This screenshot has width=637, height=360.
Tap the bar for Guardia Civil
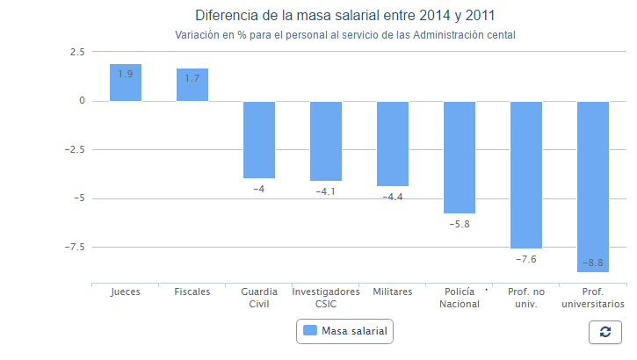click(x=259, y=140)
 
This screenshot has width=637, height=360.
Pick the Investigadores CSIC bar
click(x=326, y=141)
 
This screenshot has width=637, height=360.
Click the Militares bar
click(x=393, y=144)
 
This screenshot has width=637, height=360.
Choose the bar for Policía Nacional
click(x=460, y=158)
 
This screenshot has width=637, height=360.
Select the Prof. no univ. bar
click(x=526, y=176)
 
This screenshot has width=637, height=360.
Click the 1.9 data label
click(x=126, y=74)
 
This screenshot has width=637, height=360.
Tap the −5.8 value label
click(x=460, y=225)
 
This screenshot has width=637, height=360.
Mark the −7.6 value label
click(x=526, y=260)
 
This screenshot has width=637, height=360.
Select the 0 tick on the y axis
click(x=82, y=101)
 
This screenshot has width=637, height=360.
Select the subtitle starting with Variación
click(x=344, y=35)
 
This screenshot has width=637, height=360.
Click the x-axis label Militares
click(x=393, y=292)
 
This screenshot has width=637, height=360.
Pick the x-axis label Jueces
click(x=126, y=292)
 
